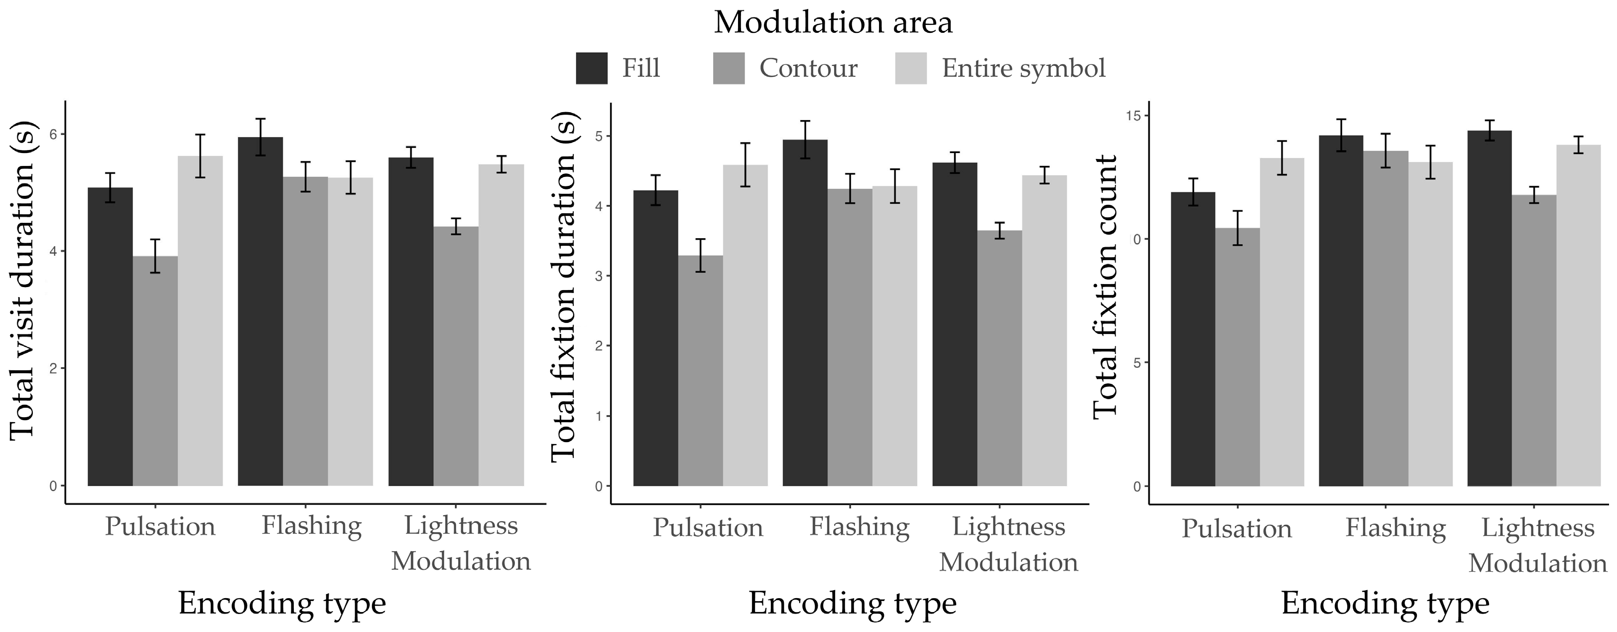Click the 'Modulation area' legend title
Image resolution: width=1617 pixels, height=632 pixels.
tap(833, 22)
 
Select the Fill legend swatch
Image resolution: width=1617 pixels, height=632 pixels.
tap(591, 68)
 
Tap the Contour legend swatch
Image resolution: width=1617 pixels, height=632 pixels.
tap(729, 68)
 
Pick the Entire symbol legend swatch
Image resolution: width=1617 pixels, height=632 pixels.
tap(911, 68)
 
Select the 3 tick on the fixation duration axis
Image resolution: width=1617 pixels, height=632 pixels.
tap(598, 276)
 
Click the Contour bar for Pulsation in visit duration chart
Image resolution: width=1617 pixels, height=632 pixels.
tap(155, 371)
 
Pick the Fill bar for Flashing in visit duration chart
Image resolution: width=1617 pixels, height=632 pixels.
tap(260, 311)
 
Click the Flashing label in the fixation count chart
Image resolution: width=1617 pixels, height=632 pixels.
tap(1395, 528)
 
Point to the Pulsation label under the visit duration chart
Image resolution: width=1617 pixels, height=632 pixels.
tap(159, 526)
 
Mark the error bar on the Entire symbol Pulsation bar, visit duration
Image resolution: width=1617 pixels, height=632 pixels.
tap(200, 156)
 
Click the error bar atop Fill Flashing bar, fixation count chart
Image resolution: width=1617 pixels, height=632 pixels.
tap(1341, 135)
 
